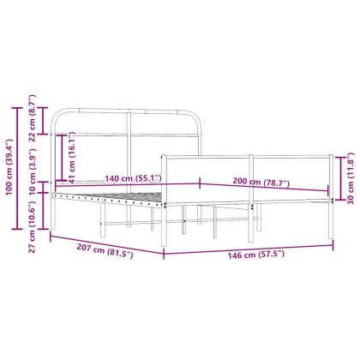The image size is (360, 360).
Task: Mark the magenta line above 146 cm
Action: click(249, 247)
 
